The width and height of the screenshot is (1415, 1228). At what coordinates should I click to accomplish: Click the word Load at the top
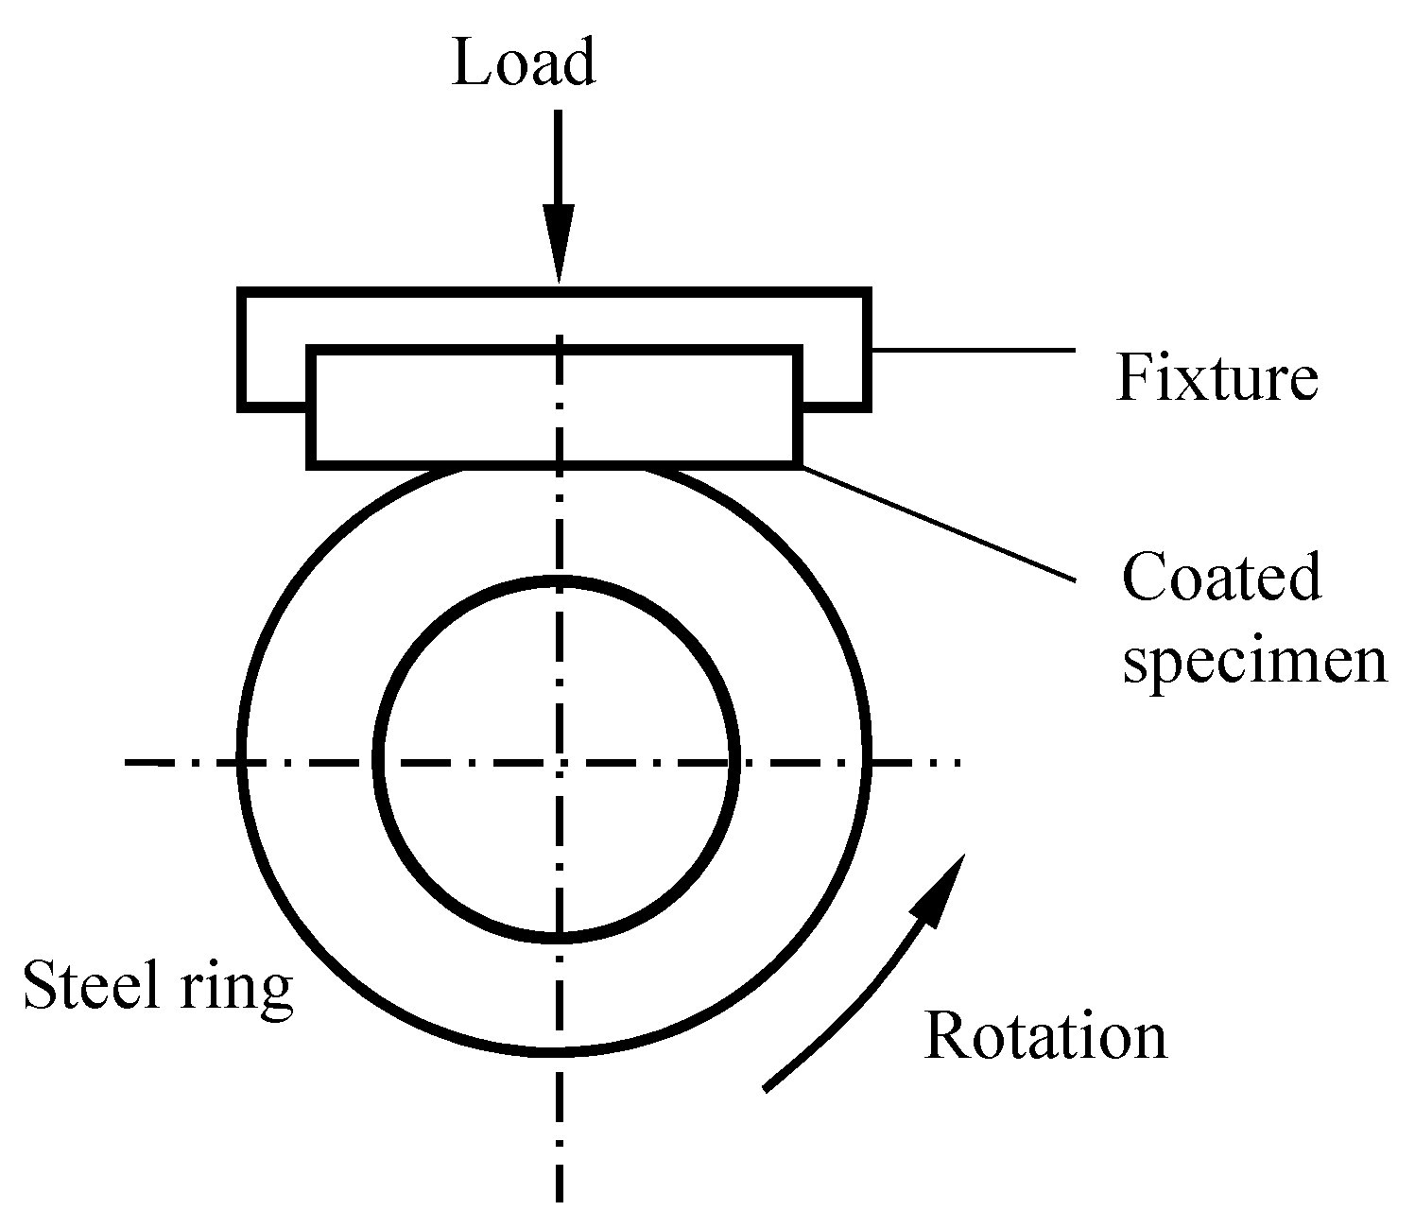tap(523, 63)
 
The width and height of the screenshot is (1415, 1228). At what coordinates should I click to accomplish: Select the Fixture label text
tap(1217, 377)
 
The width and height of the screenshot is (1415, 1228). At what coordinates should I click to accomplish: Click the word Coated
tap(1220, 578)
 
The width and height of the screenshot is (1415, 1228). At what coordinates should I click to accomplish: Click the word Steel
tap(83, 985)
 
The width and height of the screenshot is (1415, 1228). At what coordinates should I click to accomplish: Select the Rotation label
tap(1044, 1035)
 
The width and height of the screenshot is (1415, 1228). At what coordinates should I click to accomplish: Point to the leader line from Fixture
tap(974, 350)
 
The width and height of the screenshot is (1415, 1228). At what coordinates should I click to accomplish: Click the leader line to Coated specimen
tap(940, 523)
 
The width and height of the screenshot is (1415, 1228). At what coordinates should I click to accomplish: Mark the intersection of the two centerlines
tap(560, 760)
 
